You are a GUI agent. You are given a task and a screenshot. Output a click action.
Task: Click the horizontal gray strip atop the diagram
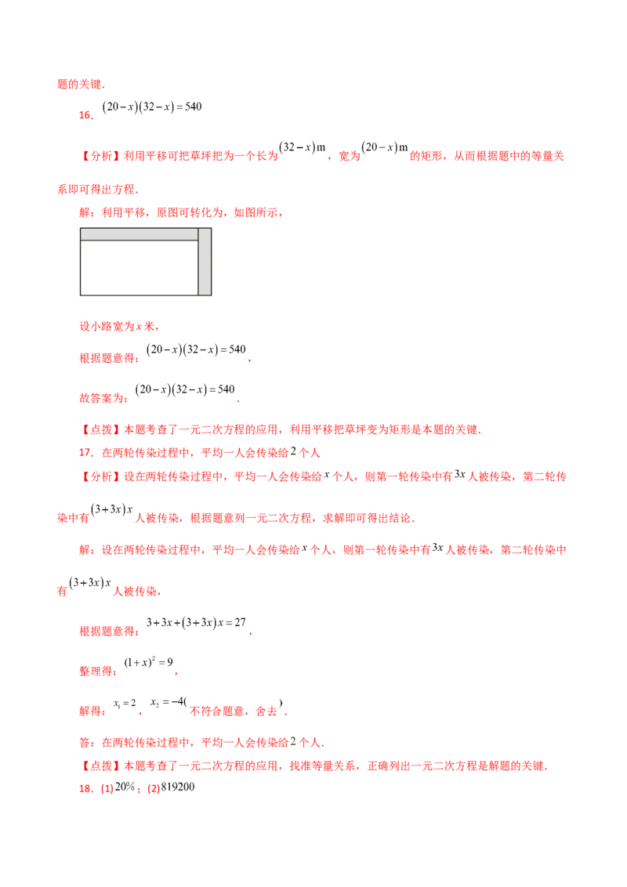coord(139,234)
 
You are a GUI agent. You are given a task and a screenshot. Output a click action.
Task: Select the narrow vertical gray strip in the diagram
coord(205,262)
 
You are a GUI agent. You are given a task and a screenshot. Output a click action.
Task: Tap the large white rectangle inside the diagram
coord(139,267)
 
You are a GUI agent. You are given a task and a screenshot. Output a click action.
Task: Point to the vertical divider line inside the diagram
coord(198,262)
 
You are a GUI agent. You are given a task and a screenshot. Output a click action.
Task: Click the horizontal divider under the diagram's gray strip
coord(139,241)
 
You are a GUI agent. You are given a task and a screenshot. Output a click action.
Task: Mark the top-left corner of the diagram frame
coord(77,227)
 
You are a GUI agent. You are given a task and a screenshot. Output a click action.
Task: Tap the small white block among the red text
coord(332,154)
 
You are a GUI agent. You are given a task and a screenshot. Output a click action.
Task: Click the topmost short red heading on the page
coord(81,83)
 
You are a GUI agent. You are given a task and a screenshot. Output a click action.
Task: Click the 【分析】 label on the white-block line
coord(99,156)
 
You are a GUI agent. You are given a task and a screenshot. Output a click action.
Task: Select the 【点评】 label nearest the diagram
coord(99,430)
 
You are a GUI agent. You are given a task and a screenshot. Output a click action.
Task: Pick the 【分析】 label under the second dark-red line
coord(99,476)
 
